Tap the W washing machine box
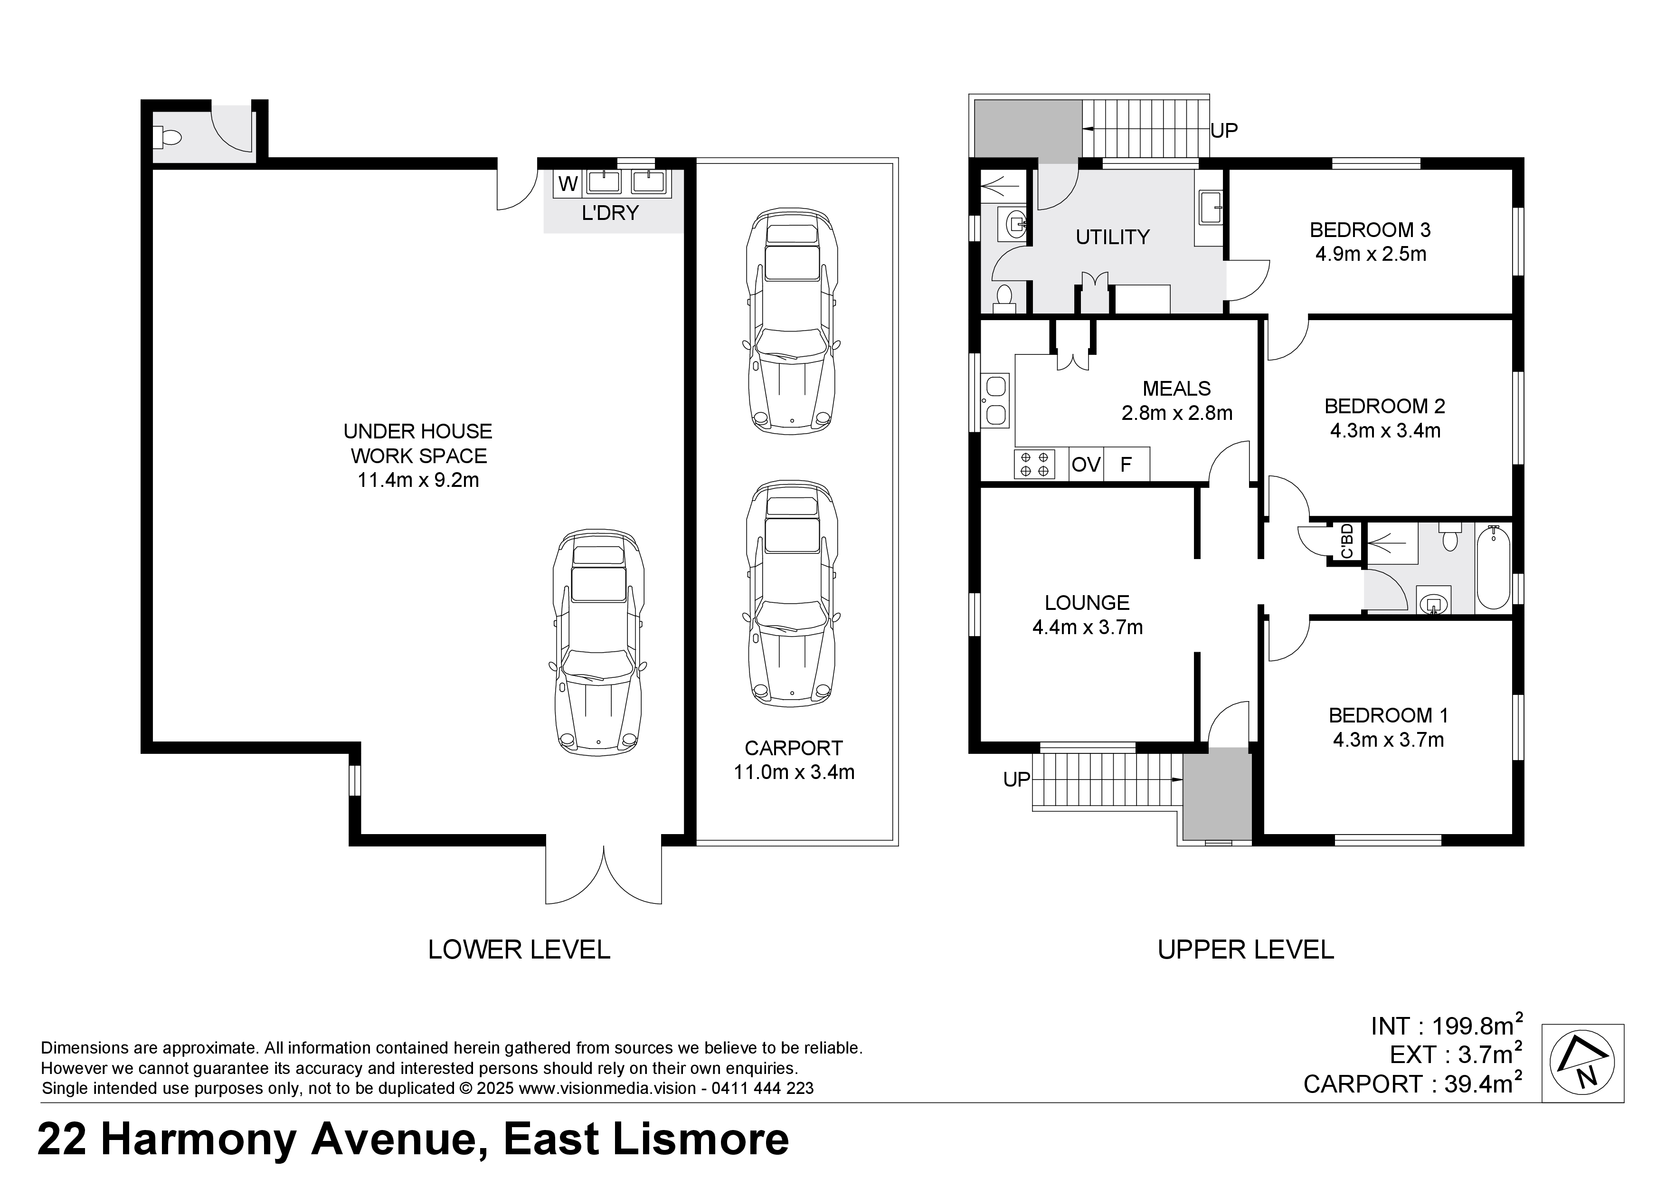point(568,184)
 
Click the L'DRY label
point(610,213)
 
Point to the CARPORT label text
point(794,748)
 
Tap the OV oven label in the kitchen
point(1086,465)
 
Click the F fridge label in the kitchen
point(1126,465)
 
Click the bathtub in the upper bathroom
point(1493,568)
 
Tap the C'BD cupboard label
point(1347,541)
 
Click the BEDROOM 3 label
point(1370,230)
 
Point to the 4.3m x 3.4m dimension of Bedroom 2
point(1385,431)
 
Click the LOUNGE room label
point(1087,602)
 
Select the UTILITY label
point(1112,237)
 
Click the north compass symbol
point(1582,1064)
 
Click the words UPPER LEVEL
point(1246,950)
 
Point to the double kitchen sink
point(995,400)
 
